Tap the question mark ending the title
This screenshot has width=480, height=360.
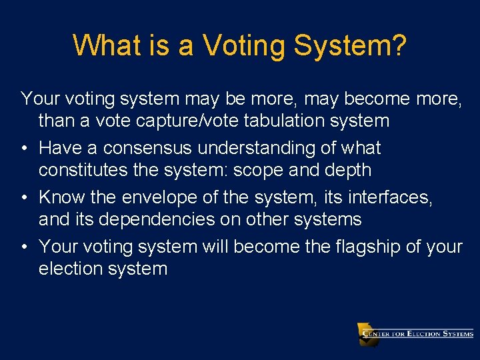coord(398,45)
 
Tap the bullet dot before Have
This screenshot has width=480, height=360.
coord(24,148)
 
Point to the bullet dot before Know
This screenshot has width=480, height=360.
coord(24,197)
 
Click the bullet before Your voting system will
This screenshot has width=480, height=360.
coord(24,247)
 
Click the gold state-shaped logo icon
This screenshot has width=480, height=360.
coord(367,333)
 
